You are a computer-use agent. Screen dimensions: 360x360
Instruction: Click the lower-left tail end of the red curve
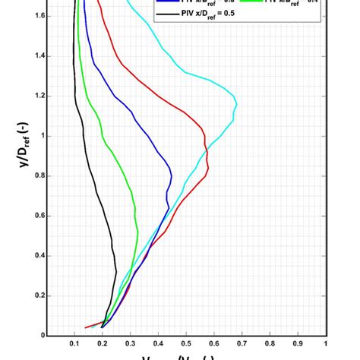point(85,328)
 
